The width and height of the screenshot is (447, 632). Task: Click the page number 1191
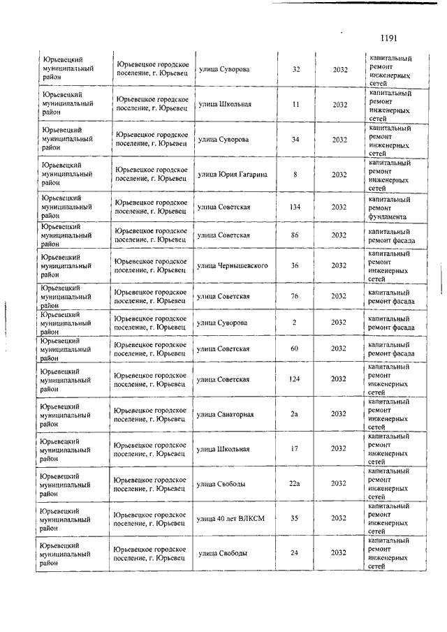390,39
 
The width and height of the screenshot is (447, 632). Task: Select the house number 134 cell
295,207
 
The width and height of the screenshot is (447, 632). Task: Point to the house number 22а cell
295,483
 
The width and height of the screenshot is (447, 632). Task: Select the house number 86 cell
295,235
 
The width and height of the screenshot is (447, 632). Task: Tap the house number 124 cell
295,379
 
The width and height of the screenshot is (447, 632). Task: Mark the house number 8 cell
295,175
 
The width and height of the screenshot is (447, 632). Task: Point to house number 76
295,297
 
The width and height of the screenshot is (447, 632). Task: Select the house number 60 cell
295,348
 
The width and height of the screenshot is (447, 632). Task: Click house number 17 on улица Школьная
295,449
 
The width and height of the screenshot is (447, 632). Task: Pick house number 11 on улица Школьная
295,105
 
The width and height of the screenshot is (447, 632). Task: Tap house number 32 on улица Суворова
295,70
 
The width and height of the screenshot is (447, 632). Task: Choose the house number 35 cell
295,518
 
